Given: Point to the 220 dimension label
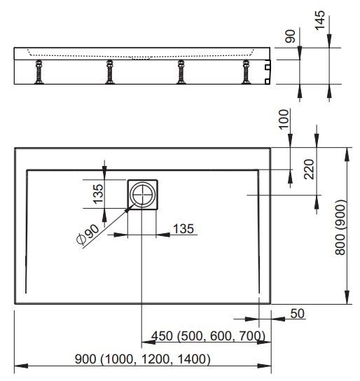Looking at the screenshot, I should click(x=310, y=169).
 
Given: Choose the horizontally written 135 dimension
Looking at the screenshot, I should click(x=183, y=228).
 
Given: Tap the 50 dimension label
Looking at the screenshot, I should click(x=297, y=314).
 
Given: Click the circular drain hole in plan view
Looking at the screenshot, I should click(x=144, y=195).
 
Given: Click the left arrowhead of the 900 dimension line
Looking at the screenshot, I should click(x=18, y=366).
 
